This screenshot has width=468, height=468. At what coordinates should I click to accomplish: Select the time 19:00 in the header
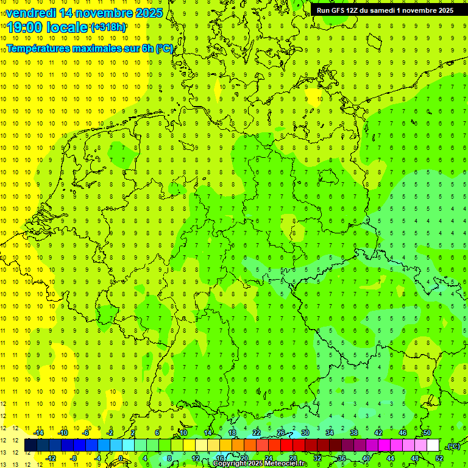point(26,27)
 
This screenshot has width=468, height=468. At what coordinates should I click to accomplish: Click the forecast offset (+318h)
point(108,27)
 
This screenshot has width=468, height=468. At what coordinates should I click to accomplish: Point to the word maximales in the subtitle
point(93,48)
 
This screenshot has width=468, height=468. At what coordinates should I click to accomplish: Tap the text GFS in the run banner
point(339,10)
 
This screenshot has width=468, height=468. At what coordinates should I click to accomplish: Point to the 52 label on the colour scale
point(439,458)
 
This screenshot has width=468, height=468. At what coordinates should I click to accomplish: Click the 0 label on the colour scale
point(121,458)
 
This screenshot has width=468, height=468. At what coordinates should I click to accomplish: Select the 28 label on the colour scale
point(292,458)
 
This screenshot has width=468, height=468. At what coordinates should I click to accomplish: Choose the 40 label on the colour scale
point(366,458)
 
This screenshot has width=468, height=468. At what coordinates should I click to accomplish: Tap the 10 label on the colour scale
point(183,433)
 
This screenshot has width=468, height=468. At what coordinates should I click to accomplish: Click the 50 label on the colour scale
point(427,433)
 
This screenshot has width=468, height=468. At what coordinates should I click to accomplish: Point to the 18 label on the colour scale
point(232,433)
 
